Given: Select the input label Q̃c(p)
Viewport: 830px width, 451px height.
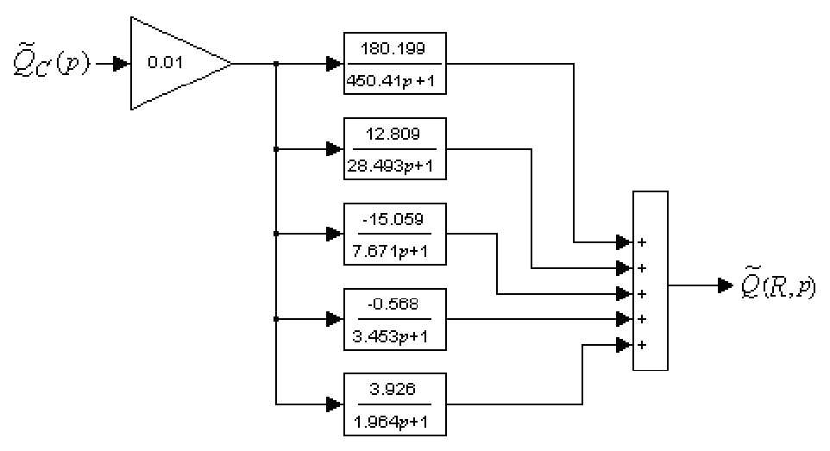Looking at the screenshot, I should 50,64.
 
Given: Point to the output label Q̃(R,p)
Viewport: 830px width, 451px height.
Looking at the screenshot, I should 777,285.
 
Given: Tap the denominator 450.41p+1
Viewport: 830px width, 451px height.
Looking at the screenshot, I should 395,79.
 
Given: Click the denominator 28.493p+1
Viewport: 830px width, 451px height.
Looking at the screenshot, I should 395,164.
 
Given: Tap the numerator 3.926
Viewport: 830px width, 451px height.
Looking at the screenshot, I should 395,388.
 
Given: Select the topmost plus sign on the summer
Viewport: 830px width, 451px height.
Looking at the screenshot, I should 641,242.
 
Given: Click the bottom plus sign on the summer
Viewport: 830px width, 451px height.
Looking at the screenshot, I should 641,346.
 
